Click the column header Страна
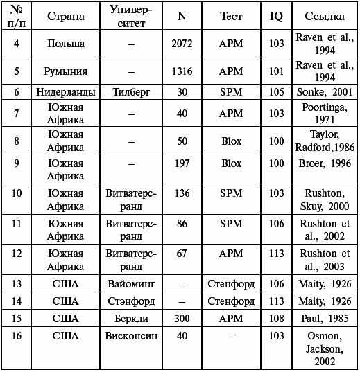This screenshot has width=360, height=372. point(66,16)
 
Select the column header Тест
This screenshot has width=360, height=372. point(231,16)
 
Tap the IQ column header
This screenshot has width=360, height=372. point(276,16)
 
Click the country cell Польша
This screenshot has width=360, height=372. point(66,44)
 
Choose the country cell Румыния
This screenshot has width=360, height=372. point(66,71)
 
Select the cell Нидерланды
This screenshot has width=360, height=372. point(66,92)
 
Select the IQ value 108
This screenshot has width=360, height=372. point(276,319)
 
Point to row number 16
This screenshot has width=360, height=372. point(16,336)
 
